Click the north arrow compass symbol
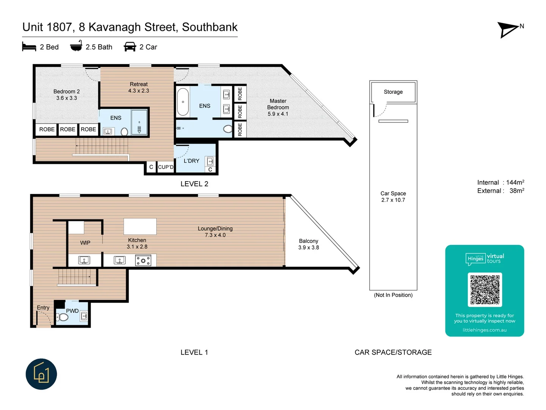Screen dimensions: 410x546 pos(508,29)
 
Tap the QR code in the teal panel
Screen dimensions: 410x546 pos(485,290)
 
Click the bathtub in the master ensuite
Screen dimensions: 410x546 pos(183,102)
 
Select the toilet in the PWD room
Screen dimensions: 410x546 pos(63,317)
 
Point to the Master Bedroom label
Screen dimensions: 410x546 pos(278,107)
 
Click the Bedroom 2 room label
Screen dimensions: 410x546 pos(66,95)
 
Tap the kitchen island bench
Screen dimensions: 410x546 pos(140,227)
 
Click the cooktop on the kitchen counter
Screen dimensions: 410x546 pos(143,260)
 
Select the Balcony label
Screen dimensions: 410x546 pos(308,244)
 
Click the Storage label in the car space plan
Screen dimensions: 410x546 pos(393,92)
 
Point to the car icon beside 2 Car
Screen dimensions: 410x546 pos(130,47)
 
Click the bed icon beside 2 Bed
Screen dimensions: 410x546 pos(29,47)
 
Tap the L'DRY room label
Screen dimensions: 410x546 pos(191,161)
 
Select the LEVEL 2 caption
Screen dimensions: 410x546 pos(194,184)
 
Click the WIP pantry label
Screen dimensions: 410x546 pos(85,243)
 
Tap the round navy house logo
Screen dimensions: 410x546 pos(41,374)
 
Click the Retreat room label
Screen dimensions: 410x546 pos(139,87)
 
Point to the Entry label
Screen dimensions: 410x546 pos(43,307)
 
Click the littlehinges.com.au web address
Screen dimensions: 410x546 pos(485,330)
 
